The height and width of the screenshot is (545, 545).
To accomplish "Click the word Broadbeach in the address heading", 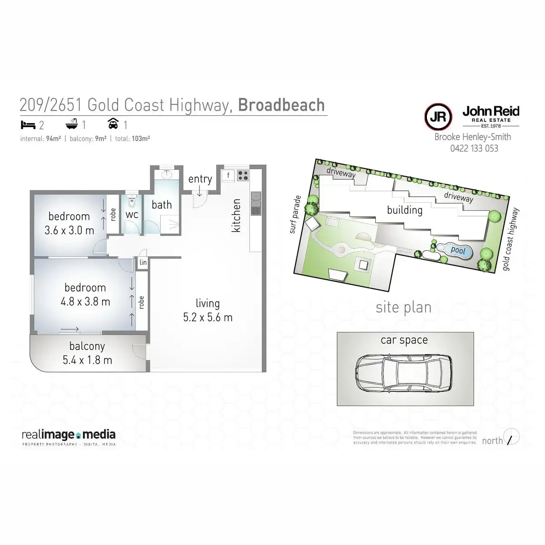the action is (281, 105).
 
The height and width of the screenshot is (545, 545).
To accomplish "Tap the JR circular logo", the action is (438, 117).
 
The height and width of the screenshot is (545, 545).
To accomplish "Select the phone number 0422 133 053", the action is (474, 148).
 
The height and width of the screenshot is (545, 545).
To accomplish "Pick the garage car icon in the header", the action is (113, 124).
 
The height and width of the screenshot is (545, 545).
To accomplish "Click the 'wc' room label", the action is (132, 214).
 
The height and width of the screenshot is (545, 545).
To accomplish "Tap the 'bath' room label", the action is (162, 205).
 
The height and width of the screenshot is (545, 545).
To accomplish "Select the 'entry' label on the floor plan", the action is (200, 179).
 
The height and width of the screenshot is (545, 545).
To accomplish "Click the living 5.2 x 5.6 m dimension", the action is (208, 317).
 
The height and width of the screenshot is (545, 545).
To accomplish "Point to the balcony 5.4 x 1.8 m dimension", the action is (87, 360).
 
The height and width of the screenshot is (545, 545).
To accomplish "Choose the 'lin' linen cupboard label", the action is (143, 263).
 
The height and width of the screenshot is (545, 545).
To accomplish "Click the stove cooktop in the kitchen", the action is (243, 175).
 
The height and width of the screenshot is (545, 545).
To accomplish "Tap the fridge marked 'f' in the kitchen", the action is (228, 175).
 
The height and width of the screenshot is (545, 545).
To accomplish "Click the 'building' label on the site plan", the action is (405, 210).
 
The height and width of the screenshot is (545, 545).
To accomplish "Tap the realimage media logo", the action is (69, 436).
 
